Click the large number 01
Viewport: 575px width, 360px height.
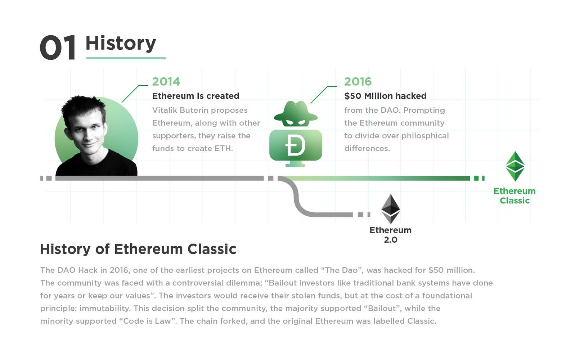coord(58,48)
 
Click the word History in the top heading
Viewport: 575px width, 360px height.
coord(121,44)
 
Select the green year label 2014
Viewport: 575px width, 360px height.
coord(166,82)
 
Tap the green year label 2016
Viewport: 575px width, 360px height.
coord(358,82)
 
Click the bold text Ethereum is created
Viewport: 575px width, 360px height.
coord(196,96)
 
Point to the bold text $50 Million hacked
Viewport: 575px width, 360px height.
coord(385,96)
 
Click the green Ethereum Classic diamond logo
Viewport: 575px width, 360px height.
coord(515,166)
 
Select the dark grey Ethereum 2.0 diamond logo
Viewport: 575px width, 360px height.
coord(390,209)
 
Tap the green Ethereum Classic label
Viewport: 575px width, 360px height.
coord(515,196)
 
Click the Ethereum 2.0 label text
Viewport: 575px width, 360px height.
coord(390,235)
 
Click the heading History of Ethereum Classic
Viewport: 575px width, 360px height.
coord(138,249)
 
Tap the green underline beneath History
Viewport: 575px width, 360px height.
coord(126,58)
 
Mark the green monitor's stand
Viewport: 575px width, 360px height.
coord(296,164)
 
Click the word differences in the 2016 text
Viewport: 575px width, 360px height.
coord(367,149)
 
